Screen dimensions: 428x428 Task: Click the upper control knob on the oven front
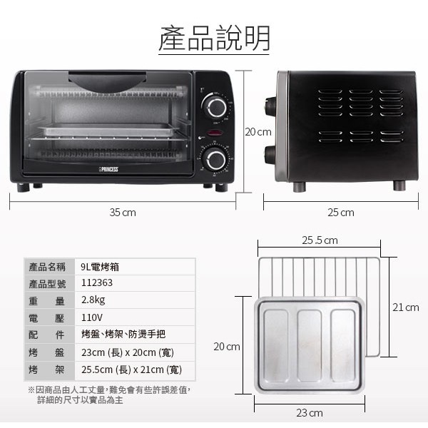click(216, 107)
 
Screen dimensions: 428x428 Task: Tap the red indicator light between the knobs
click(215, 133)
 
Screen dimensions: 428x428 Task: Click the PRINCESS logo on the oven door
click(108, 170)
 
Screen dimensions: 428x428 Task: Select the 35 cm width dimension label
click(123, 213)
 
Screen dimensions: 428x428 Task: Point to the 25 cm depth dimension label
click(341, 213)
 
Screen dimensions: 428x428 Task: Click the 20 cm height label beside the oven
click(258, 132)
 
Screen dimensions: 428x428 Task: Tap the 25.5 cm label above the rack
click(320, 240)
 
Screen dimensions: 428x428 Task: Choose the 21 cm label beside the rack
click(406, 307)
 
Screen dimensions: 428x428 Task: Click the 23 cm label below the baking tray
click(310, 413)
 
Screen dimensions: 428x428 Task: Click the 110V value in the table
click(92, 317)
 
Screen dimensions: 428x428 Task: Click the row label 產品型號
click(47, 284)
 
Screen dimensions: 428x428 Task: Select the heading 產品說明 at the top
click(214, 38)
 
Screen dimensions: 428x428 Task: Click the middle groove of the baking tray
click(310, 346)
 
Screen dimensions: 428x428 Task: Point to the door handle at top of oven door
click(107, 81)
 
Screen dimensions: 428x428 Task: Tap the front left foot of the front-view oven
click(24, 188)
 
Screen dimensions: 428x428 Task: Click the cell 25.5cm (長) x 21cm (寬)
click(131, 370)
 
